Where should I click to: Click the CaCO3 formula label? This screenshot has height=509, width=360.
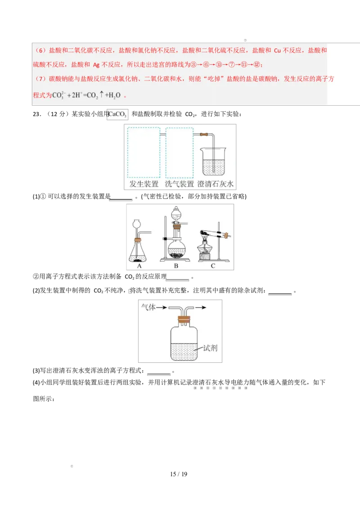point(118,116)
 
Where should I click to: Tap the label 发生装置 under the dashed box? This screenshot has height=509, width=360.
point(144,184)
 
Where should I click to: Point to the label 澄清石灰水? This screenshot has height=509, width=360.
point(216,184)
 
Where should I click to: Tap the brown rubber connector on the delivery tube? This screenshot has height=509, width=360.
point(204,134)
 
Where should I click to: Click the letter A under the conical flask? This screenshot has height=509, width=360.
point(139,266)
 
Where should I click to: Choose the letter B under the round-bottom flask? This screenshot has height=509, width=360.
point(176,266)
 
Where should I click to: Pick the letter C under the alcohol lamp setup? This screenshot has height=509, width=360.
point(213,266)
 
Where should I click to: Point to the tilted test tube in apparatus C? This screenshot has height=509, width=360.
point(213,234)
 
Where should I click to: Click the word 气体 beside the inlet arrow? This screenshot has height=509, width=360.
point(148,308)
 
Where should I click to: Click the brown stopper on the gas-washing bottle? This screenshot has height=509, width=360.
point(183,320)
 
